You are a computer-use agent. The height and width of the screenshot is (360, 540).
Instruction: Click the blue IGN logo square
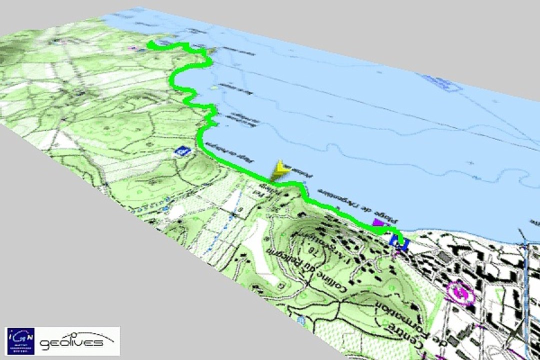pos(20,340)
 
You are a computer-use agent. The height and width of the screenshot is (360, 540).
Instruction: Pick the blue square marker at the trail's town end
pos(399,242)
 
